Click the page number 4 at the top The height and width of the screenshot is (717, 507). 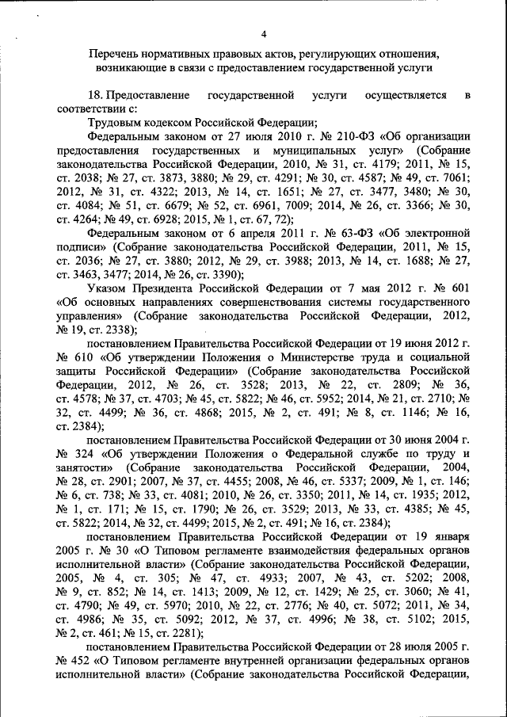coord(264,33)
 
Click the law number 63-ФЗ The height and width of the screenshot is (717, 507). coord(327,234)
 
